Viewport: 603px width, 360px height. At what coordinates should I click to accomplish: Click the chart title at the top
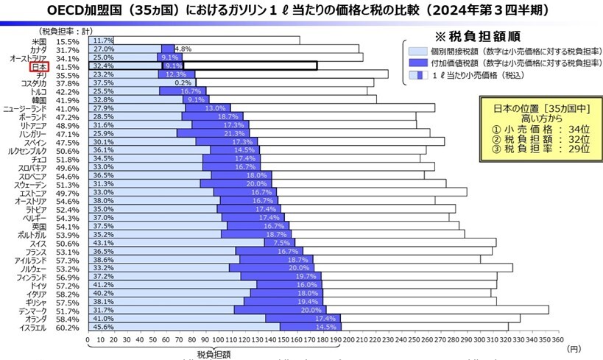coord(300,11)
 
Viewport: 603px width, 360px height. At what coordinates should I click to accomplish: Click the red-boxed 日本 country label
coord(39,66)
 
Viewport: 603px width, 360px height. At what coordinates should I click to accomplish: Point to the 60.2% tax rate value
coord(67,328)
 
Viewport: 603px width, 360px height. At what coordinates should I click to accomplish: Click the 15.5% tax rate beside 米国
coord(67,40)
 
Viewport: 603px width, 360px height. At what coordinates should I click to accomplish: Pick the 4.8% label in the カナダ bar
coord(183,49)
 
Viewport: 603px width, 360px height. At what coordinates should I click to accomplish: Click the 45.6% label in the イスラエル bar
coord(102,328)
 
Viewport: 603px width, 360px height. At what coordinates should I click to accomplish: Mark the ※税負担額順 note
coord(479,35)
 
